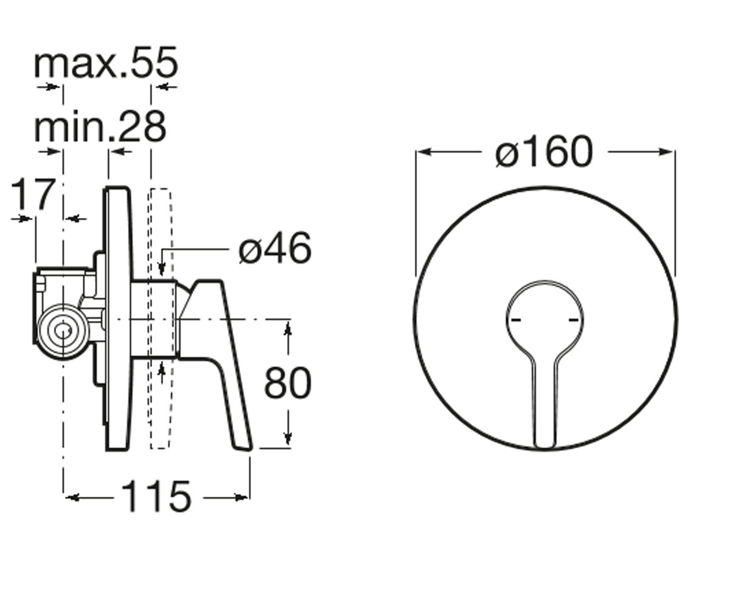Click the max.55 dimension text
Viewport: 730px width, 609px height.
106,63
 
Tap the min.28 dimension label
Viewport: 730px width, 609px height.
100,126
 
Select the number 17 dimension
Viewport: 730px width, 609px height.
33,194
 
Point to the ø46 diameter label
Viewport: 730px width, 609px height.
275,248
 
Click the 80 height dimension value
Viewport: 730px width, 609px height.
287,382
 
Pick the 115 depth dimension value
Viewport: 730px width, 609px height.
156,497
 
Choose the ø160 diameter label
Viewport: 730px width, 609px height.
544,152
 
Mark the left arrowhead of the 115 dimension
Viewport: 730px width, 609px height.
71,498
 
